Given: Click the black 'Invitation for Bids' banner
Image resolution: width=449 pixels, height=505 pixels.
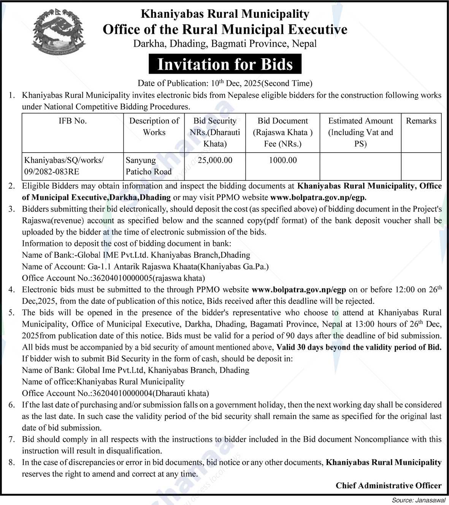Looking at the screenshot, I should [x=225, y=64].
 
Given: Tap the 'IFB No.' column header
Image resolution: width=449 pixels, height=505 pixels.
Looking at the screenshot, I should [x=73, y=121].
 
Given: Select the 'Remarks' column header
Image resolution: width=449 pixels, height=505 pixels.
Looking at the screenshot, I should [x=421, y=121].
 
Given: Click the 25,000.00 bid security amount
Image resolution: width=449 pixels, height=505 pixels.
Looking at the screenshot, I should [x=215, y=160].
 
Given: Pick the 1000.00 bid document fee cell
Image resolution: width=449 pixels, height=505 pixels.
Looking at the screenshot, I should [x=282, y=160].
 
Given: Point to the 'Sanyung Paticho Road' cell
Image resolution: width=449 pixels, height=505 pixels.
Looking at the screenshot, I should [x=149, y=166].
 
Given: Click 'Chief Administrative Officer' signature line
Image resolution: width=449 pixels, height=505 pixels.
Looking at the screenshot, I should [x=388, y=486].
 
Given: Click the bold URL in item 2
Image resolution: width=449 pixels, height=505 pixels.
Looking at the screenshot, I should [x=318, y=197].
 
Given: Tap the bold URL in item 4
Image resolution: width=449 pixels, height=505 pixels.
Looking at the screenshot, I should [x=299, y=290].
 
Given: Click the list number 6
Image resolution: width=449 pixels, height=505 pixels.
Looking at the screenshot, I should [x=12, y=405].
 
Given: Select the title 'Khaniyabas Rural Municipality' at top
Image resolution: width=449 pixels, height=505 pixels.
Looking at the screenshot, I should [x=225, y=14].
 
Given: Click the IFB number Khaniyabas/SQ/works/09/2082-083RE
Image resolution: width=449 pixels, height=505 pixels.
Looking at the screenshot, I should [x=64, y=166].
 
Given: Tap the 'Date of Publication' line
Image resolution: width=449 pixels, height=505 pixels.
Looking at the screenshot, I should [x=225, y=83].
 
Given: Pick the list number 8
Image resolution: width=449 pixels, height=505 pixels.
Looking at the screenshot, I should [x=12, y=462].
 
